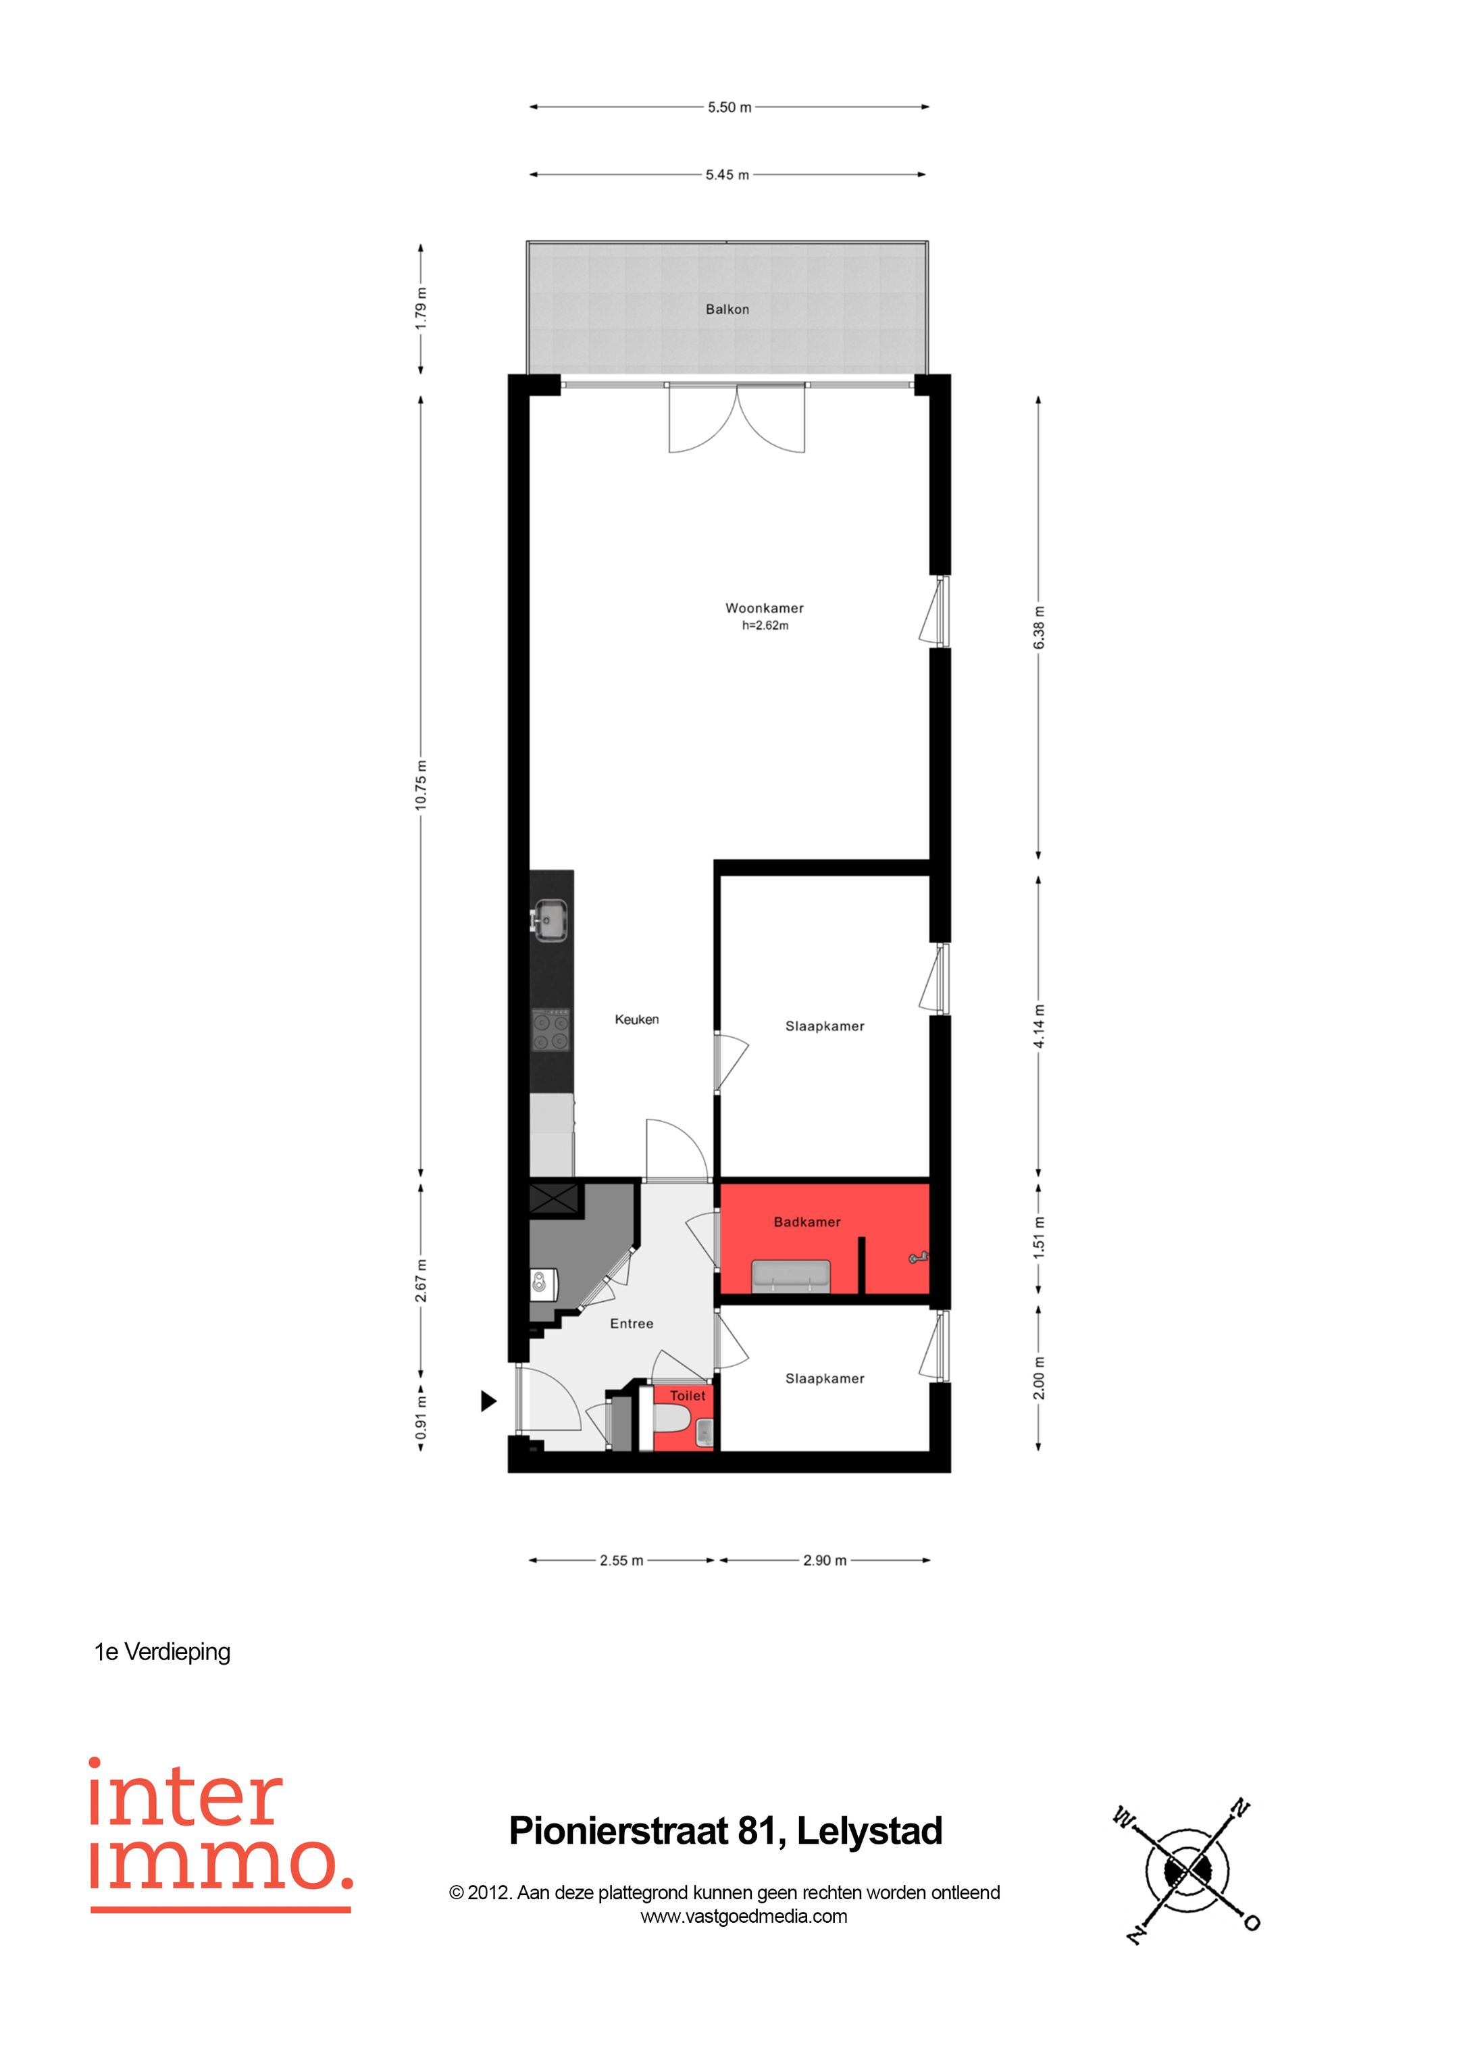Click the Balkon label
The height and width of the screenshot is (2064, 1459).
[x=727, y=309]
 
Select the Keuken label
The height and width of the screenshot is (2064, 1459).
[x=636, y=1020]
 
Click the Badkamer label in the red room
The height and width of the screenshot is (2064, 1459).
[x=807, y=1222]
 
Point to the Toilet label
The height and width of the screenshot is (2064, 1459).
[x=688, y=1395]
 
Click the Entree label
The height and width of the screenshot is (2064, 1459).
[x=631, y=1324]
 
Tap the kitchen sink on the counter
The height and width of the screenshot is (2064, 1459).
[x=549, y=921]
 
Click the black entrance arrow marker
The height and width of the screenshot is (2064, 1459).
[x=488, y=1401]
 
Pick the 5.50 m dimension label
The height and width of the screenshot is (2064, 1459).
[x=729, y=107]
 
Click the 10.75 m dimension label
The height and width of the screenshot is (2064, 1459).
[x=421, y=785]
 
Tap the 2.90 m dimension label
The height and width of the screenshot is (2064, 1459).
[x=824, y=1561]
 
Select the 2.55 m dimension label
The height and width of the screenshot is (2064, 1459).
[x=621, y=1561]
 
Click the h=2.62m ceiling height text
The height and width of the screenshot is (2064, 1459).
[x=765, y=626]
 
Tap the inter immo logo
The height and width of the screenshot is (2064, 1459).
[x=220, y=1834]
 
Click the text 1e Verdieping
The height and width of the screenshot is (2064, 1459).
[x=163, y=1653]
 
